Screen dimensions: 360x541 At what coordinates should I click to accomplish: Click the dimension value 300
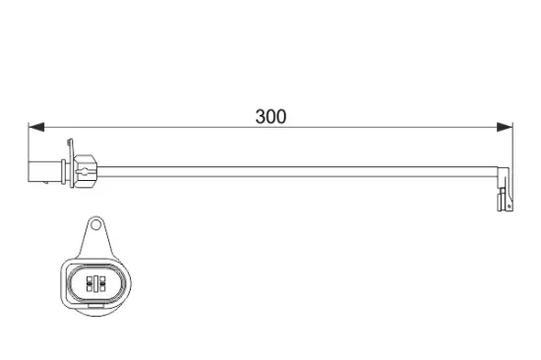pos(270,116)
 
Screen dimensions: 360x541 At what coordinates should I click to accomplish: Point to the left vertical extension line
pos(30,148)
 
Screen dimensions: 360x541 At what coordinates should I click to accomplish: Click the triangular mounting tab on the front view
pos(95,236)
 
